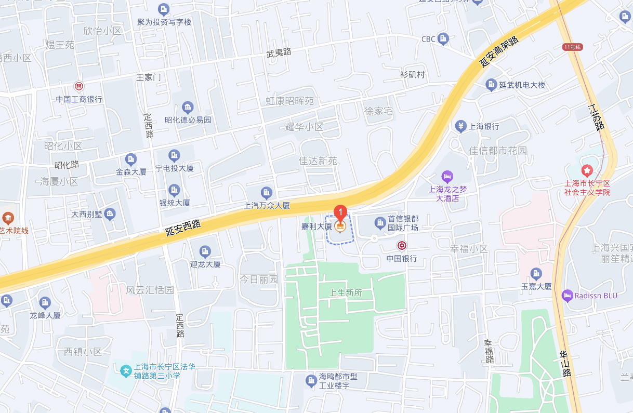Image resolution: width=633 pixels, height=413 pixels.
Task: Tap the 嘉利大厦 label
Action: click(x=316, y=227)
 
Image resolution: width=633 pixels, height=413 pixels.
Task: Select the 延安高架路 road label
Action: click(x=498, y=51)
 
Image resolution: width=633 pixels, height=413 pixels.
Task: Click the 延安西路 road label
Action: click(x=183, y=228)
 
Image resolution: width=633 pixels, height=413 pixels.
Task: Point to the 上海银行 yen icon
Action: click(x=460, y=126)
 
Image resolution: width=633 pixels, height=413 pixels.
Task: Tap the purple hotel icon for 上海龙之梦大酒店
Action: click(x=447, y=176)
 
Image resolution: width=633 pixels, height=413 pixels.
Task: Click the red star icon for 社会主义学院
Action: click(x=587, y=170)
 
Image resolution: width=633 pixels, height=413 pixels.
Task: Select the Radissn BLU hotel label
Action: click(x=596, y=296)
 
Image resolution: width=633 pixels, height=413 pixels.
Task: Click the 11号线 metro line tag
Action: click(x=573, y=47)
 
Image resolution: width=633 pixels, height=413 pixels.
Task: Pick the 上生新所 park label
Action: click(x=346, y=293)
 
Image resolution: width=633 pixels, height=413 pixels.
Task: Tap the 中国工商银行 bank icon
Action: click(x=78, y=86)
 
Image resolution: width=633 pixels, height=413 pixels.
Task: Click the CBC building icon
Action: click(x=443, y=38)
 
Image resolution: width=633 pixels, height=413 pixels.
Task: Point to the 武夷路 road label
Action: click(x=279, y=52)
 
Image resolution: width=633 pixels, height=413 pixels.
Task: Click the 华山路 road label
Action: click(x=565, y=363)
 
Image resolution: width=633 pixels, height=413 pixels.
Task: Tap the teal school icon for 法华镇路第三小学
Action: click(x=126, y=371)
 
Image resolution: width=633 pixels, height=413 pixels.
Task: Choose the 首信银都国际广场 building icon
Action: click(x=380, y=223)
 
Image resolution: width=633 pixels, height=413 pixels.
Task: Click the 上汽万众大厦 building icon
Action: click(x=267, y=193)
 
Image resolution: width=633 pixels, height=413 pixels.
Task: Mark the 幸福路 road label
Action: click(x=489, y=351)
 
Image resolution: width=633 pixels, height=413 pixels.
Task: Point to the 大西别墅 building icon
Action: click(x=110, y=214)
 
